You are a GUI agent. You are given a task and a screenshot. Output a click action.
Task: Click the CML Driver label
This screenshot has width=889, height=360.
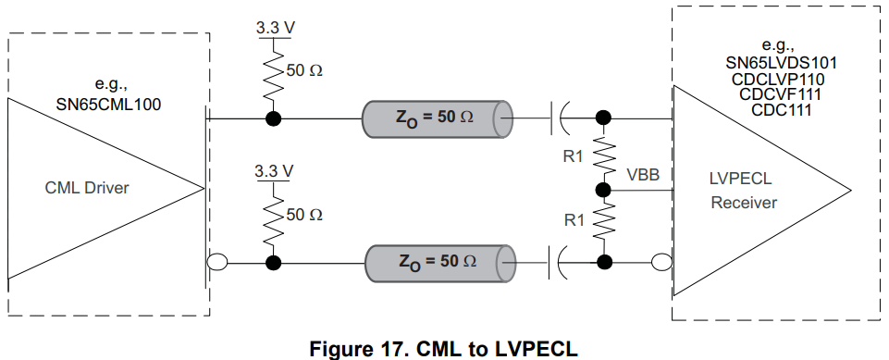87,189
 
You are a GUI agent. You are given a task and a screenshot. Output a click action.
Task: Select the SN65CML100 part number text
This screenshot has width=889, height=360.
109,105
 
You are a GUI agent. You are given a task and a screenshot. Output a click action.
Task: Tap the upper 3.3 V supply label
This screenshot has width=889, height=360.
276,28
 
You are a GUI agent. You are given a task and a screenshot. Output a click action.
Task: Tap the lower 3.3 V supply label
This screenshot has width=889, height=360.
274,172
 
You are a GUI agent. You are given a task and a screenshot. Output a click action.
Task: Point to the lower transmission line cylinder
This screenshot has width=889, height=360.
436,263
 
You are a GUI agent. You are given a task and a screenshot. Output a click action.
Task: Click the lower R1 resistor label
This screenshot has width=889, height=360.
574,222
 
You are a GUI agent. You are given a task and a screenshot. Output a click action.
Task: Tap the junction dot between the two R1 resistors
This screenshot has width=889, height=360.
604,191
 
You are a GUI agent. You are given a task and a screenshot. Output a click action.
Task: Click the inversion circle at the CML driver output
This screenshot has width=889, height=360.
216,263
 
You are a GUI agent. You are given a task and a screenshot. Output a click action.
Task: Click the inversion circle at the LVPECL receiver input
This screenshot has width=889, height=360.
661,263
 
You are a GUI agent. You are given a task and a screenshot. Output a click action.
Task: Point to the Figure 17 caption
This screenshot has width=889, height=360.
444,347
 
